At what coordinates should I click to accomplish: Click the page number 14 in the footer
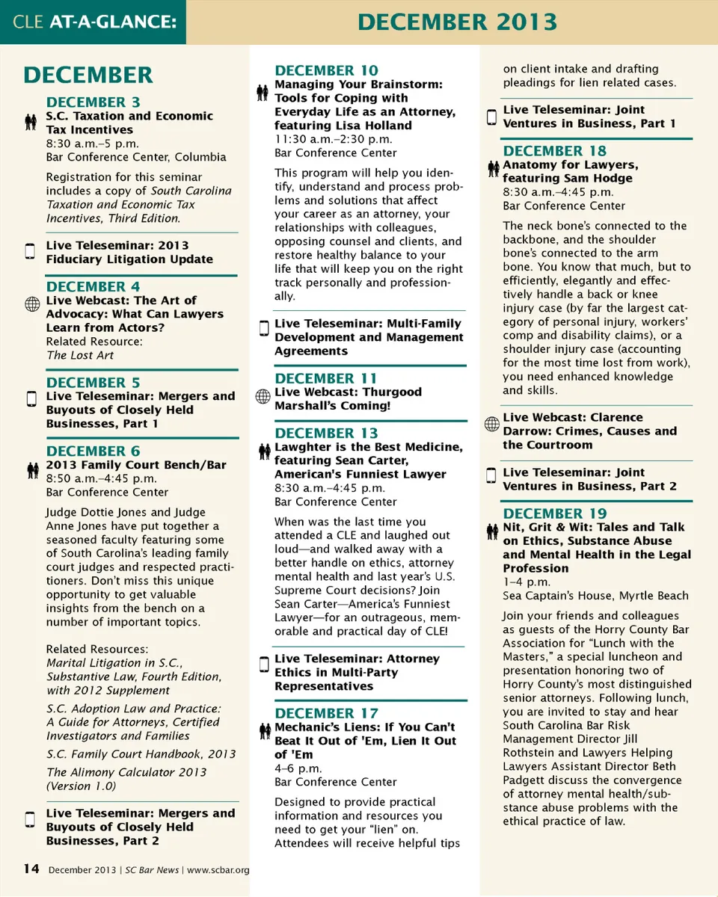(x=31, y=869)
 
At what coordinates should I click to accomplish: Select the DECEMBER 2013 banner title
(x=457, y=22)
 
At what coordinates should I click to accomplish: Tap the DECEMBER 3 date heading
(x=93, y=102)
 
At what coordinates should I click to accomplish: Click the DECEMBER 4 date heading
(x=93, y=287)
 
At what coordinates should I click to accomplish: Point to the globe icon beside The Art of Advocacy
(x=32, y=303)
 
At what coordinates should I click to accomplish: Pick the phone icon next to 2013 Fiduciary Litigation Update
(x=31, y=251)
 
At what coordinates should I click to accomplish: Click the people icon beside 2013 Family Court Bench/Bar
(x=32, y=469)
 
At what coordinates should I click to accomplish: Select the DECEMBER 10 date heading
(x=326, y=71)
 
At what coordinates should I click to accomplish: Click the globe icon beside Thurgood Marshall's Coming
(x=263, y=396)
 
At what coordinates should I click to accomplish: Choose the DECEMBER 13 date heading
(x=326, y=434)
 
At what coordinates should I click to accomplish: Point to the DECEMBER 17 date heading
(x=326, y=713)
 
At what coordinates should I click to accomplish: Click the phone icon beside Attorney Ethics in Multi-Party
(x=263, y=664)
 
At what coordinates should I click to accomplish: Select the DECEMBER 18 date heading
(x=554, y=151)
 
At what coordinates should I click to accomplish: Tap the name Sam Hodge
(x=598, y=178)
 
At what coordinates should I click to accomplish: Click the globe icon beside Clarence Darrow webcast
(x=491, y=424)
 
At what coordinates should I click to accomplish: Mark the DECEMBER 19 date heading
(x=554, y=514)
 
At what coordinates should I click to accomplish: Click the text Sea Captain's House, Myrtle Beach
(x=595, y=596)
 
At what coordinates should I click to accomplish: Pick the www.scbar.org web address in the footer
(x=218, y=870)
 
